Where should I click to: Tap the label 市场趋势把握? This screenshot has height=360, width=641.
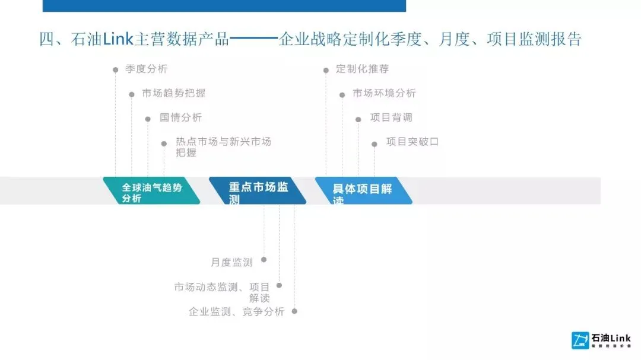tap(174, 93)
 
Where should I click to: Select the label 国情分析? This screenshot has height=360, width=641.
tap(180, 117)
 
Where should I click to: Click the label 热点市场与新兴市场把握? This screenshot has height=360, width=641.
tap(223, 147)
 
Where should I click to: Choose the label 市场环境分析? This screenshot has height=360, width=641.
tap(384, 93)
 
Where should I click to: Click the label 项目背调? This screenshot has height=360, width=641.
tap(391, 117)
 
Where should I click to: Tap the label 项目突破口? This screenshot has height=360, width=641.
tap(412, 142)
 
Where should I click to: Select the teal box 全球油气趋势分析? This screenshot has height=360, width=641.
tap(152, 191)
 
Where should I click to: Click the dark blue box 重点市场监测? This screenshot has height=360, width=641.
tap(258, 191)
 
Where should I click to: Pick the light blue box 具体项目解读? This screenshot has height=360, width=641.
tap(363, 191)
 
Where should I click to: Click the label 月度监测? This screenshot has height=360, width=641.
tap(231, 262)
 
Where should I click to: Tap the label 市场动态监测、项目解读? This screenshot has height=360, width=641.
tap(222, 292)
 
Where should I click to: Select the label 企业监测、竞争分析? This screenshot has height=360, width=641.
tap(236, 311)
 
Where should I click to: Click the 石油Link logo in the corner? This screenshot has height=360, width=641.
tap(601, 340)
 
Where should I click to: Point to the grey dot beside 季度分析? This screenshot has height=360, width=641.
tap(116, 70)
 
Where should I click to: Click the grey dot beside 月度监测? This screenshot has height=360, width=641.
tap(264, 259)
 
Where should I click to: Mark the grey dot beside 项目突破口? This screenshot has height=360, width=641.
tap(374, 144)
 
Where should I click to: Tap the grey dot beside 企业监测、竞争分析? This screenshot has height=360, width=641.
tap(294, 311)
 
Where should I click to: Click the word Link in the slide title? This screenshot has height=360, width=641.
tap(118, 40)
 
